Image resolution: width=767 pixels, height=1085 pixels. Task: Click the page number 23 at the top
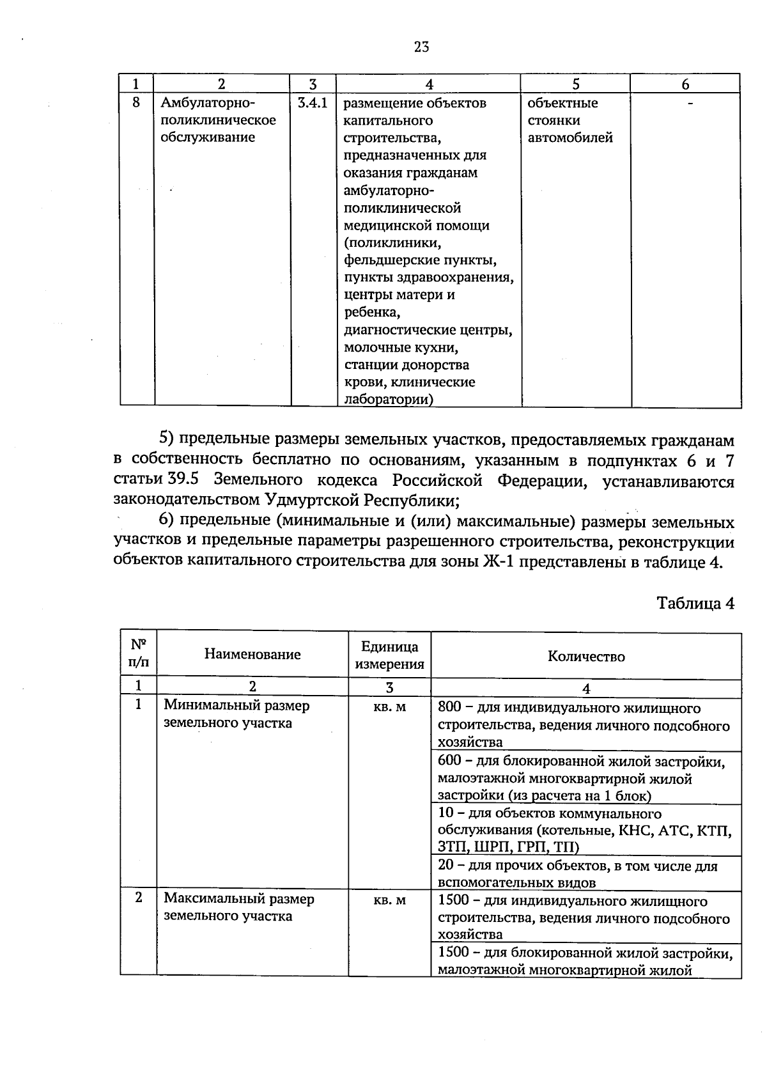click(x=421, y=47)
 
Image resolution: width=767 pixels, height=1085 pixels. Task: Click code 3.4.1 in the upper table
click(x=313, y=103)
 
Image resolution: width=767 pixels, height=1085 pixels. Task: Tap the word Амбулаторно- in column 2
click(x=208, y=103)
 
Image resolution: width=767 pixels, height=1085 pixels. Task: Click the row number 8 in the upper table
click(x=136, y=102)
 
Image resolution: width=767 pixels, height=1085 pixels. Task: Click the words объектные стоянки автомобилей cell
click(x=570, y=120)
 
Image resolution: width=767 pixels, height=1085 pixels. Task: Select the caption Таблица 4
click(x=695, y=603)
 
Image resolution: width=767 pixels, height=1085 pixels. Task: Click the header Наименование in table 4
click(x=252, y=654)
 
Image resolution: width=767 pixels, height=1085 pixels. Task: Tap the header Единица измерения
click(x=389, y=655)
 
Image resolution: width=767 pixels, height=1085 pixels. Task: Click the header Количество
click(x=586, y=657)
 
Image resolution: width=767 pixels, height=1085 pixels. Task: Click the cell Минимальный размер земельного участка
click(x=236, y=714)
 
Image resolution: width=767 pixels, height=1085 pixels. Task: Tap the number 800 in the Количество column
click(x=449, y=708)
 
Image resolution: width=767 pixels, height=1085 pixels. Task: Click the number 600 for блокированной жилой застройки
click(x=449, y=761)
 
